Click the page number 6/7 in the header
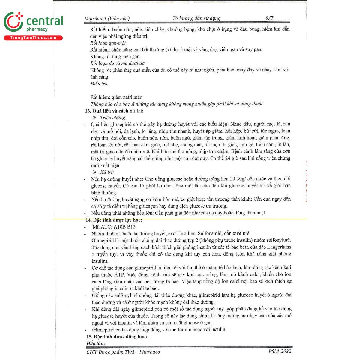(269, 18)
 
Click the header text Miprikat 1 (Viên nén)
(107, 19)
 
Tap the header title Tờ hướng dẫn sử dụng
(196, 18)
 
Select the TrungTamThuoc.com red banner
(33, 38)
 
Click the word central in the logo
(45, 21)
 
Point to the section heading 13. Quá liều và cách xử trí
(114, 111)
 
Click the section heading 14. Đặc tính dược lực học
(114, 220)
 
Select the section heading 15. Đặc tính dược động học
(116, 337)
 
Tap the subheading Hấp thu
(96, 343)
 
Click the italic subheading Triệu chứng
(113, 118)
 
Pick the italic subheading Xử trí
(107, 172)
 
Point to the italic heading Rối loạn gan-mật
(108, 43)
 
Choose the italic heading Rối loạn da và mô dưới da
(117, 63)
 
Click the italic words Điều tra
(99, 84)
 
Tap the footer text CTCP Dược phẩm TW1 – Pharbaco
(123, 352)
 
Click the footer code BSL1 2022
(280, 351)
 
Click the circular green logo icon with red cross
(13, 22)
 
